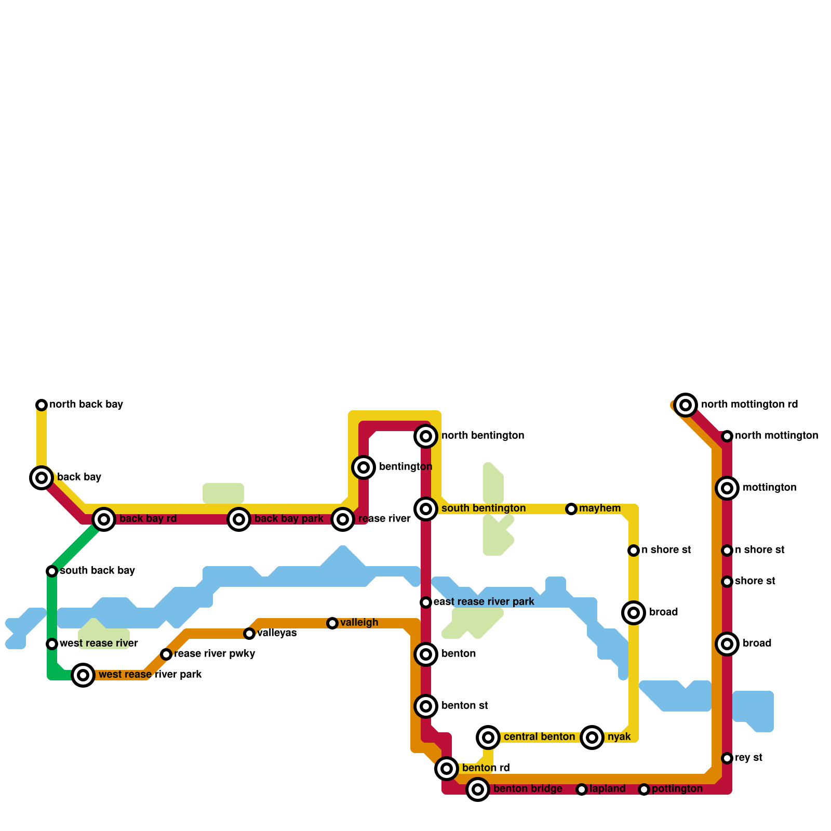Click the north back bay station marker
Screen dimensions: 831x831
click(42, 405)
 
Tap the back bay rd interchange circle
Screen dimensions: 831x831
click(104, 519)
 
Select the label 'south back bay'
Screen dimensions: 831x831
click(97, 571)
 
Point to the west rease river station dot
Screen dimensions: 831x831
click(52, 644)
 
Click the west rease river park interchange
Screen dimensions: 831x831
click(83, 675)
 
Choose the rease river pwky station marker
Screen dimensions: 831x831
click(166, 654)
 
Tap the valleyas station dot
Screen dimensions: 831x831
click(249, 634)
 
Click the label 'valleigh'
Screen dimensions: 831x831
click(359, 623)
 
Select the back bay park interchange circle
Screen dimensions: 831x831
click(239, 519)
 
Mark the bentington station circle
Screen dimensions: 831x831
click(364, 467)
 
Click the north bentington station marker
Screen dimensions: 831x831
click(426, 436)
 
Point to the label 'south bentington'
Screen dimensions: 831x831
click(484, 508)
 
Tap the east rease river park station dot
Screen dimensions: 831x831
click(426, 602)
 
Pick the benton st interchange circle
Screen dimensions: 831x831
click(426, 706)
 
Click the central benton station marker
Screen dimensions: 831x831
click(488, 737)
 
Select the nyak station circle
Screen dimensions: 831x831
click(592, 737)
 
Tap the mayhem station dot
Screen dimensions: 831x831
click(571, 509)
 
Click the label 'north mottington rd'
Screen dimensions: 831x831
click(749, 405)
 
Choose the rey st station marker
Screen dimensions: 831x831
click(727, 758)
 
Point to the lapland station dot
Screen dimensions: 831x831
click(582, 789)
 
